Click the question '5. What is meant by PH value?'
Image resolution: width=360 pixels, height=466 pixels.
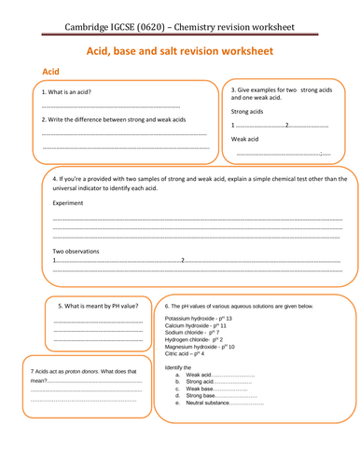pos(98,306)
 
